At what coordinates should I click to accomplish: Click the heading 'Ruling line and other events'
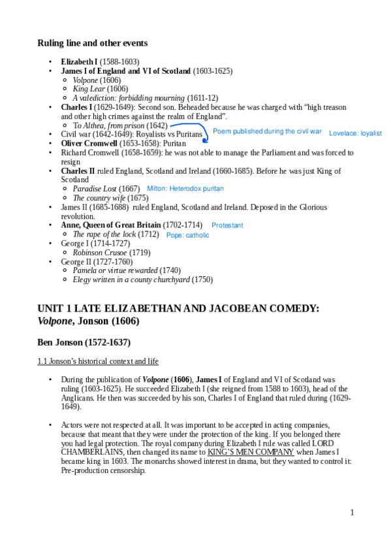point(92,43)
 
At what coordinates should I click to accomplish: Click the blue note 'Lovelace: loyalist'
point(355,133)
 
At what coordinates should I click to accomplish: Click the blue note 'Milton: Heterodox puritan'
point(185,188)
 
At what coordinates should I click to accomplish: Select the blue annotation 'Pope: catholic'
point(188,235)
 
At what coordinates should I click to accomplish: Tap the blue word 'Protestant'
point(227,225)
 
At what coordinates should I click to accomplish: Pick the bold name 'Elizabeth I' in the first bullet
point(78,61)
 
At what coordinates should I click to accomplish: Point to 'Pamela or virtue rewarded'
point(115,270)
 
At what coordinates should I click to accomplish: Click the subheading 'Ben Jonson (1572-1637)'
point(84,342)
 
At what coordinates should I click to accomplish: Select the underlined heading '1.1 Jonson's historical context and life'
point(98,361)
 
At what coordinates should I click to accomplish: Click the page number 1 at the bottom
point(352,512)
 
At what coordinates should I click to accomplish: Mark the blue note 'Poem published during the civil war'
point(267,131)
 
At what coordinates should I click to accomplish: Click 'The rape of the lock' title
point(104,234)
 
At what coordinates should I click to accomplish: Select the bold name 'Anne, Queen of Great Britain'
point(110,225)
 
